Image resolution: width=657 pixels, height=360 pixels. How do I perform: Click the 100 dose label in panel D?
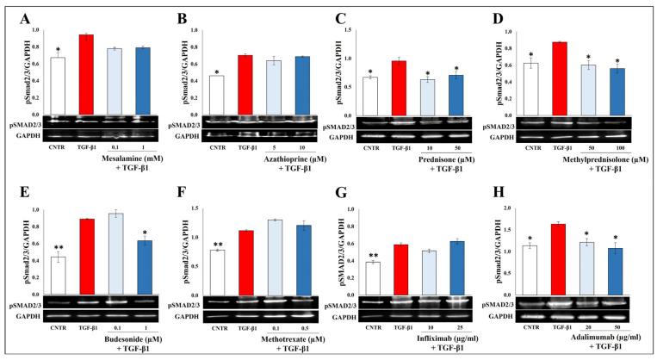pyautogui.click(x=615, y=147)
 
